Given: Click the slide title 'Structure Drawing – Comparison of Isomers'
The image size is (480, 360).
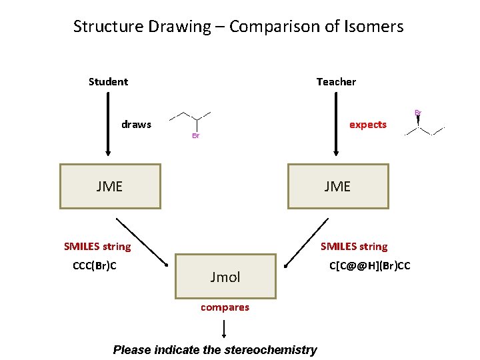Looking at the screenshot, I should tap(238, 27).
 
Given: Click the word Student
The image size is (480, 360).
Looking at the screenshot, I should tap(108, 82).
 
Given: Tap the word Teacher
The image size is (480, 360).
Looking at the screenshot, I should tap(336, 82).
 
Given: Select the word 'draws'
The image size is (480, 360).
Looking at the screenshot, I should tap(136, 125).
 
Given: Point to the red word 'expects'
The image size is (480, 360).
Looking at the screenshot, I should tap(368, 125).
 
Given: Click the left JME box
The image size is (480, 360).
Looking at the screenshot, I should tap(110, 187).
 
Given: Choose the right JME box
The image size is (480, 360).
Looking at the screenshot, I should tap(337, 187).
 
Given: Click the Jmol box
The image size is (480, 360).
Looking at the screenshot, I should tap(225, 277).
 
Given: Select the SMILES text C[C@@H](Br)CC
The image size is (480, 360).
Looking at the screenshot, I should tap(370, 267).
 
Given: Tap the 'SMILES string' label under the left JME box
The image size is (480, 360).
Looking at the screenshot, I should tap(97, 247).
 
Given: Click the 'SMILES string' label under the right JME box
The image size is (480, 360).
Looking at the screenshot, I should tap(354, 247).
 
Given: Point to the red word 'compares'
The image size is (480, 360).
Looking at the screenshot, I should tap(225, 307).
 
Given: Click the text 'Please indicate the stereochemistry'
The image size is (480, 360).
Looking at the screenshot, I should tap(215, 350).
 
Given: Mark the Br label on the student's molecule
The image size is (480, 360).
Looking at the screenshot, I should tap(195, 136).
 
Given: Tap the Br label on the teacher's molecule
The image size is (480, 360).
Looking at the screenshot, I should tap(418, 113).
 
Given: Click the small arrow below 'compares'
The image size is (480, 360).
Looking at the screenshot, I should tap(224, 328).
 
